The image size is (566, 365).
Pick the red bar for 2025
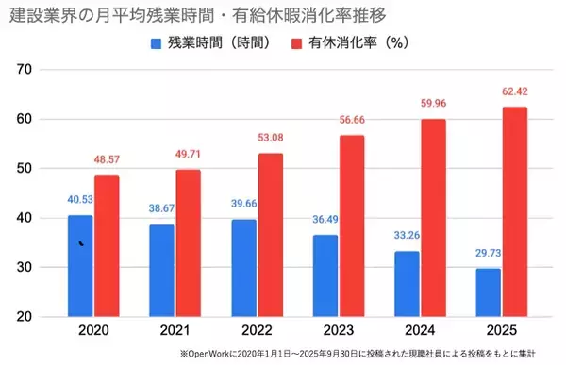coord(513,211)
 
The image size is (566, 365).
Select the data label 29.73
coord(488,256)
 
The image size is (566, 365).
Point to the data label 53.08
coord(270,141)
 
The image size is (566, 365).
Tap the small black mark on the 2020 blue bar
coord(81,244)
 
